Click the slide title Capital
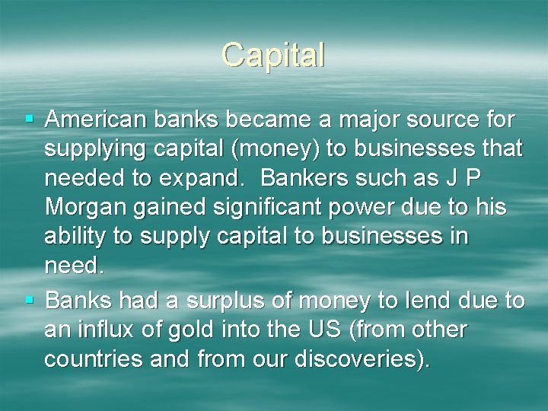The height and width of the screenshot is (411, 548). [x=273, y=55]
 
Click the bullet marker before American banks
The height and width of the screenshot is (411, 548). [x=30, y=119]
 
